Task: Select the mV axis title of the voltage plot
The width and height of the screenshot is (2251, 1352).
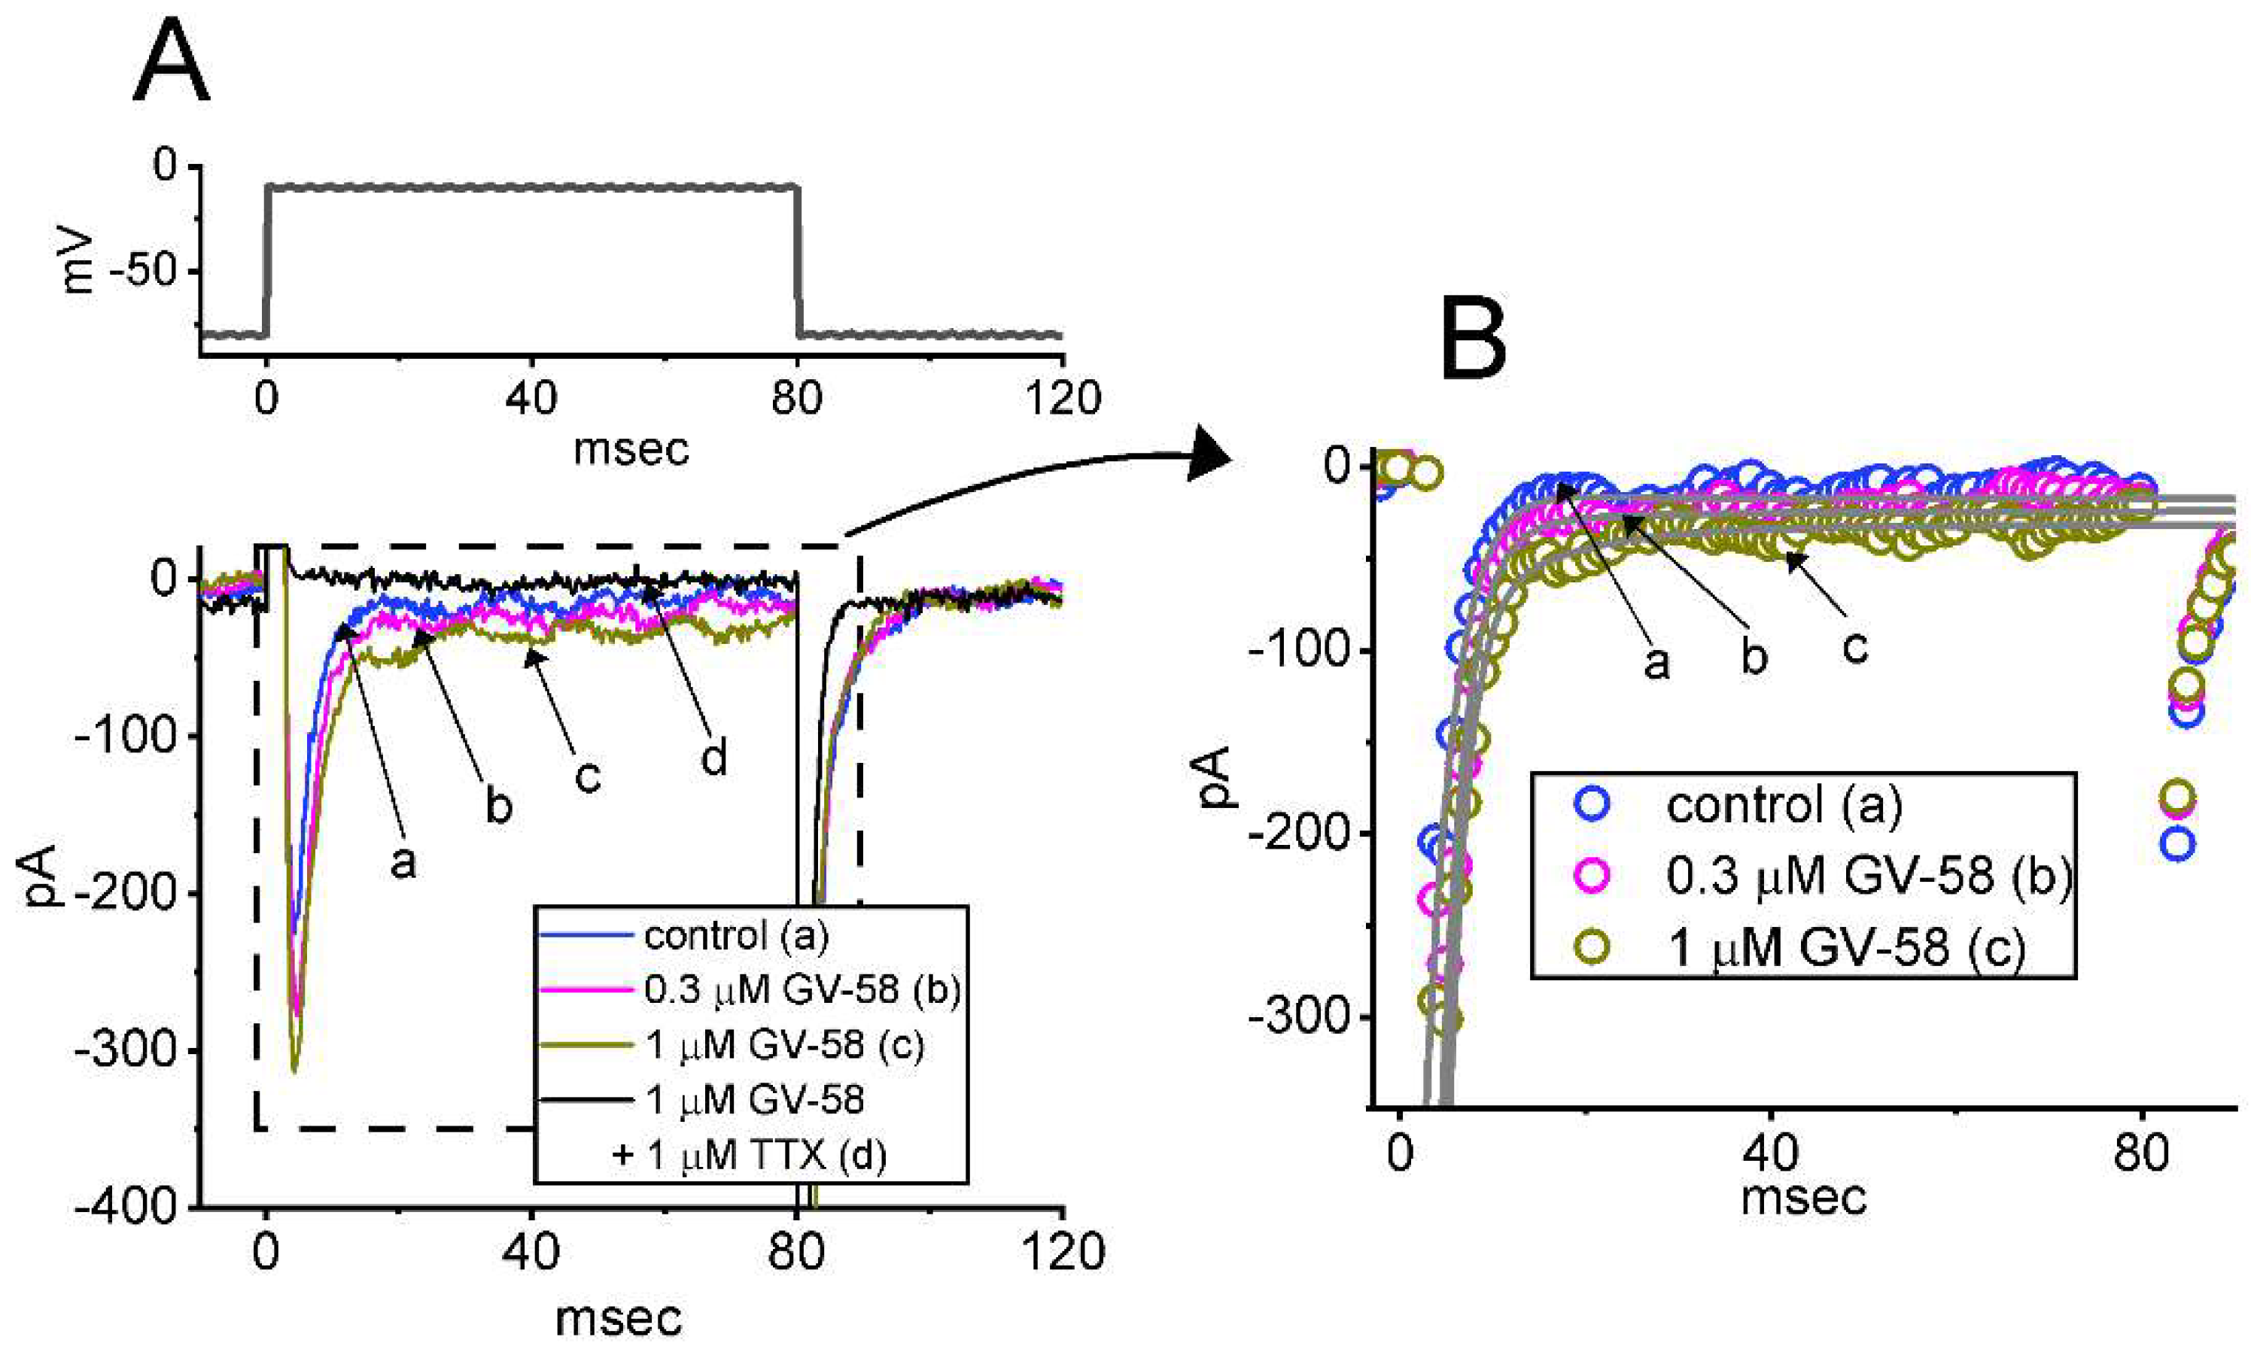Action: point(81,260)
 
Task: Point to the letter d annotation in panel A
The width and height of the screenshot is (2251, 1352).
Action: point(713,758)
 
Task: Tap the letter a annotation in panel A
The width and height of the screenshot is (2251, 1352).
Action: point(403,861)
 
